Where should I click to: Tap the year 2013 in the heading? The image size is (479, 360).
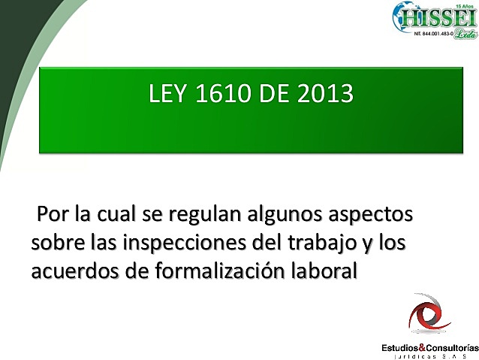pos(324,95)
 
